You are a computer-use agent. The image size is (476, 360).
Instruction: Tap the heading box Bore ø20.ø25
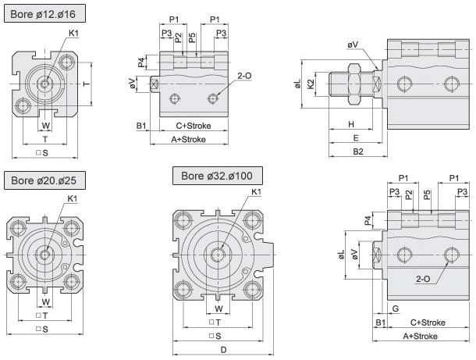point(44,181)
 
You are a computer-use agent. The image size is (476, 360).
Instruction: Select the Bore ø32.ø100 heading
point(218,175)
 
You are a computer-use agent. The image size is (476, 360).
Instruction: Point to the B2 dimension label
point(358,151)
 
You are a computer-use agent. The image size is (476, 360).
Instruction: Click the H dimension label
point(351,124)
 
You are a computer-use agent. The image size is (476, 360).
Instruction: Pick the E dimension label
point(355,137)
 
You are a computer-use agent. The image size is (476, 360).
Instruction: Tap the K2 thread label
point(311,84)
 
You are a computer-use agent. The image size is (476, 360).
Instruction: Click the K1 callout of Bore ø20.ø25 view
point(73,199)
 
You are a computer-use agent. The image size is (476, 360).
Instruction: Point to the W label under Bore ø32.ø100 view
point(219,308)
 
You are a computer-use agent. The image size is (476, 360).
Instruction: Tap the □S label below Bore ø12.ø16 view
point(44,152)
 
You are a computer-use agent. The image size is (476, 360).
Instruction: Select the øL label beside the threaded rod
point(298,84)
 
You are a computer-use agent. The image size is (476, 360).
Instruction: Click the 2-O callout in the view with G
point(424,279)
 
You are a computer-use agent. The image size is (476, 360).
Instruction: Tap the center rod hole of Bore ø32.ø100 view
point(219,252)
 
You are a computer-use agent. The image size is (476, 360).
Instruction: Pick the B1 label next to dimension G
point(381,322)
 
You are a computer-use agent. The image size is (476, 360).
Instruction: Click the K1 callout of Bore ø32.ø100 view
point(256,192)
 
